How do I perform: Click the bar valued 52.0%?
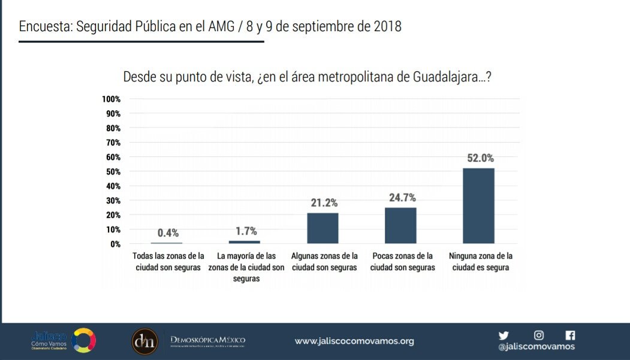(478, 205)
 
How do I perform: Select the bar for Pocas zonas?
(400, 225)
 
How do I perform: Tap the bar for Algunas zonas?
(323, 228)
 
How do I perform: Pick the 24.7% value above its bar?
(401, 198)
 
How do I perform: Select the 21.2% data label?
(324, 203)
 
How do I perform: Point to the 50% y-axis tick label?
(113, 171)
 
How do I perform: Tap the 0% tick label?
(116, 244)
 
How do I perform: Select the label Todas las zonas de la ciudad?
(168, 262)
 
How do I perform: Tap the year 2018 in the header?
(387, 27)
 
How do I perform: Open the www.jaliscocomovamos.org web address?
(354, 341)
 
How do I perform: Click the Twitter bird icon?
(504, 335)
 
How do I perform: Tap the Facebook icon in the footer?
(570, 335)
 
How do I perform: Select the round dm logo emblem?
(144, 341)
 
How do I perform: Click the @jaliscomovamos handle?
(536, 347)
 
